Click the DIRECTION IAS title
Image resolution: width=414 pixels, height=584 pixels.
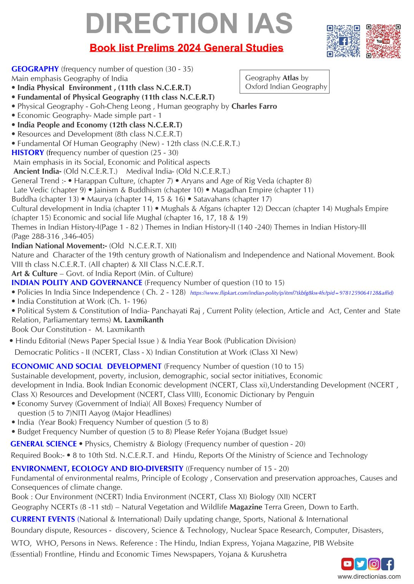click(x=189, y=23)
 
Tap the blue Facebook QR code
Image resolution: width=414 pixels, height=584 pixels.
click(x=343, y=41)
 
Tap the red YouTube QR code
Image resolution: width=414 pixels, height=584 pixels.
click(x=383, y=41)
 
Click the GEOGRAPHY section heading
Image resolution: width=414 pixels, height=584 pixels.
click(x=35, y=69)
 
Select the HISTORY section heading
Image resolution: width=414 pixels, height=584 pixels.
click(x=28, y=152)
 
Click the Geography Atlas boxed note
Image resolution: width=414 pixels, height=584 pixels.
click(x=285, y=82)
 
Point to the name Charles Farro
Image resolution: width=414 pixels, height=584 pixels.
click(x=254, y=106)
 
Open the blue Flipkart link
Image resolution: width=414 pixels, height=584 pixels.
click(x=291, y=293)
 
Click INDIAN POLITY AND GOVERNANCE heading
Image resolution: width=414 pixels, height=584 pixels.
click(x=77, y=282)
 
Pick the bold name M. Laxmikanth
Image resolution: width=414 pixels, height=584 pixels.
click(x=138, y=320)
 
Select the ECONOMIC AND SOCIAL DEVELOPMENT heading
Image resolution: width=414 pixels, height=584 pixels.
click(x=86, y=366)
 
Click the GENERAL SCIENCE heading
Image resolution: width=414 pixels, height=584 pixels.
click(x=44, y=444)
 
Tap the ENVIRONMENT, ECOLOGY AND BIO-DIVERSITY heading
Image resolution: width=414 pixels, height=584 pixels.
click(x=97, y=468)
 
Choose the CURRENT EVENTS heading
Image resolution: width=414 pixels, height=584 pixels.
click(x=43, y=519)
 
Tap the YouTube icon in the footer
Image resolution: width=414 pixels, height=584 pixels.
click(x=347, y=564)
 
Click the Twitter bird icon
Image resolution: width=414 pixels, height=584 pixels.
click(x=361, y=564)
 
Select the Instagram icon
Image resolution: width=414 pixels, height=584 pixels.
click(x=374, y=564)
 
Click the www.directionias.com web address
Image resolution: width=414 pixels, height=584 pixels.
click(x=369, y=576)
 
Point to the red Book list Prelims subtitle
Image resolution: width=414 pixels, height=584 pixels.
click(x=186, y=48)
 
